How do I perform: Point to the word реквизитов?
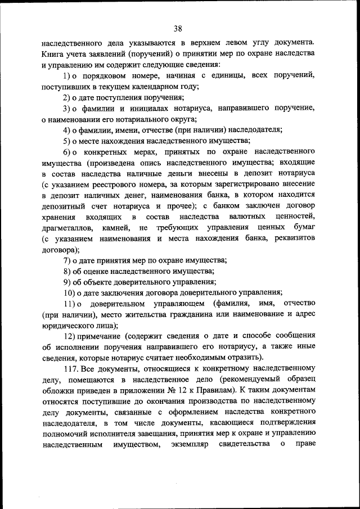click(x=297, y=238)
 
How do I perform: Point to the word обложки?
click(x=56, y=390)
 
